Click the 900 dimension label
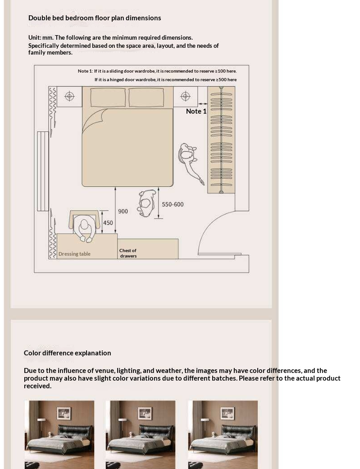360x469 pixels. coord(123,211)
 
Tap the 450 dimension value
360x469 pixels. coord(108,223)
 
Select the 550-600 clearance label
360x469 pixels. coord(173,204)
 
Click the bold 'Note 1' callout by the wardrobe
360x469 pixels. coord(196,111)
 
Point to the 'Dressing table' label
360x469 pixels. coord(74,254)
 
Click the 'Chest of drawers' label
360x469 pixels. coord(128,253)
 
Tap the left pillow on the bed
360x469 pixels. coord(108,97)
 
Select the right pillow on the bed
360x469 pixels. coord(146,97)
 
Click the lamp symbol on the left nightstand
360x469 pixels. coord(69,97)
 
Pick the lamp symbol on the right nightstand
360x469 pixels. coord(186,96)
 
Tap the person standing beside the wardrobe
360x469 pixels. coord(191,162)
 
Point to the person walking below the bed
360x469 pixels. coord(147,203)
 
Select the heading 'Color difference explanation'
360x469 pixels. coord(67,353)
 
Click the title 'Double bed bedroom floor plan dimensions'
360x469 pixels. coord(95,18)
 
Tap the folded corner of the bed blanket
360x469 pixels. coord(93,120)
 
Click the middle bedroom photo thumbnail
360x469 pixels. coord(141,435)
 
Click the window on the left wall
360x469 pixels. coord(43,171)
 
